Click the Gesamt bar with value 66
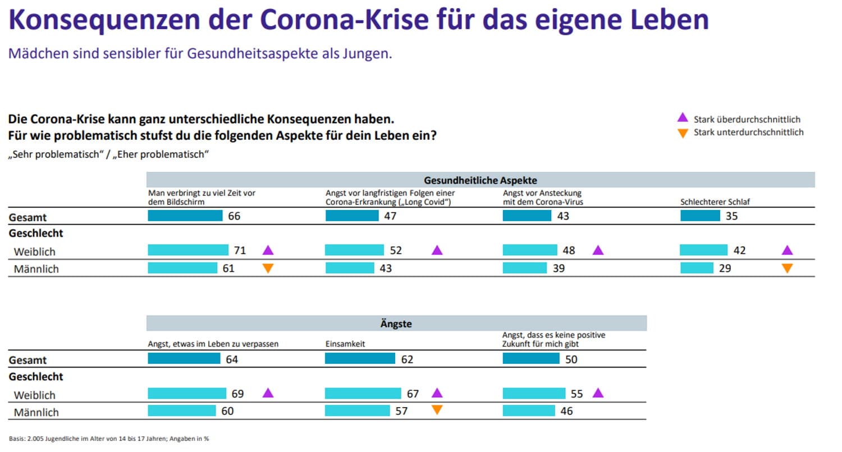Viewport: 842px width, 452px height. pos(185,216)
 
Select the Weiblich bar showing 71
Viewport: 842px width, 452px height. pos(188,250)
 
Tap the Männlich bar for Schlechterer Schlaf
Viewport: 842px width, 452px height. pos(697,268)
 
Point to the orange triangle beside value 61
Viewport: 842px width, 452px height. pos(268,268)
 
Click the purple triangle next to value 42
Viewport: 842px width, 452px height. pos(787,250)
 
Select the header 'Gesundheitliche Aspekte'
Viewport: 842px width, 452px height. pos(480,180)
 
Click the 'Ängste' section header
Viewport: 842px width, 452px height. pos(396,323)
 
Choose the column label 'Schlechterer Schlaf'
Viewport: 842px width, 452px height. pos(715,202)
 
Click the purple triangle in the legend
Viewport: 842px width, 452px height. pos(683,118)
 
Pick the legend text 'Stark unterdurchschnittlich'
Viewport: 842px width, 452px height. pos(748,133)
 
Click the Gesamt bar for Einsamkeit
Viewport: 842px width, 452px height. pos(360,359)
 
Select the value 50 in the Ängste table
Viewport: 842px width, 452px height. pos(571,359)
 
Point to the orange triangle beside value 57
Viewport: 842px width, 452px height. pos(437,410)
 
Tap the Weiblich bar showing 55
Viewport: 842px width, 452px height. pos(534,394)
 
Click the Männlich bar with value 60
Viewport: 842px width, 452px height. pos(181,411)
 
